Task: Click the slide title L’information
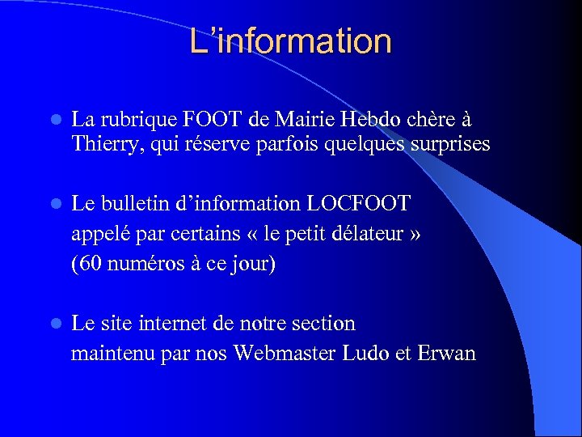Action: pos(291,41)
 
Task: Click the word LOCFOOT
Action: pos(365,204)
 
